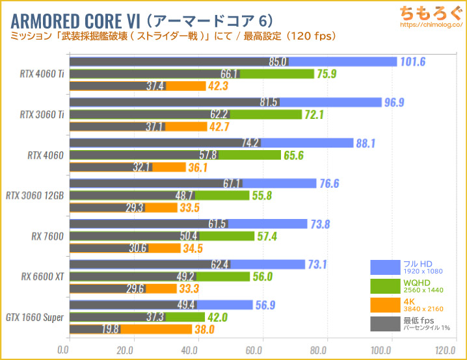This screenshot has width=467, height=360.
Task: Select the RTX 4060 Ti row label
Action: [x=42, y=74]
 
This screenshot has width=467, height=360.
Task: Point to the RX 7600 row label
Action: [x=49, y=236]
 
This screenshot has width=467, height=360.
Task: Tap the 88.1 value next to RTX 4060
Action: [x=367, y=143]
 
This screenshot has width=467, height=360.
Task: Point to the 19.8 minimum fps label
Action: [x=110, y=329]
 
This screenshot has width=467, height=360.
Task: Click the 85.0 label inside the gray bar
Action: [x=278, y=62]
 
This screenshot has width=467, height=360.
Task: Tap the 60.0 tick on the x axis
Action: [x=262, y=350]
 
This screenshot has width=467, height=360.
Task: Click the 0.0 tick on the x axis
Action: [x=64, y=350]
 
